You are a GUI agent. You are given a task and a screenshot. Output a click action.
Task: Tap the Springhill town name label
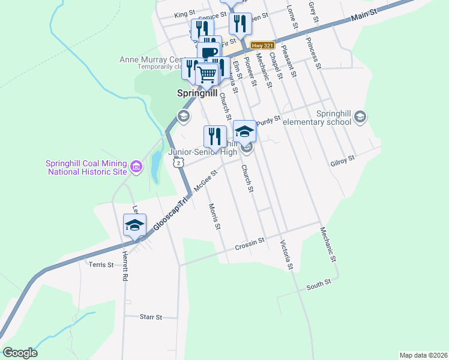click(x=196, y=94)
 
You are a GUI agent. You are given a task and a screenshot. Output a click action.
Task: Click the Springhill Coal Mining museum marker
click(x=136, y=166)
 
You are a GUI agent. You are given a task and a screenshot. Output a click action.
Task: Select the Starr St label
click(x=151, y=317)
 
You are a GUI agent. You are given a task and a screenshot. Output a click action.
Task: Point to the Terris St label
click(x=101, y=264)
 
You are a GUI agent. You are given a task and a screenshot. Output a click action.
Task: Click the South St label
click(x=318, y=283)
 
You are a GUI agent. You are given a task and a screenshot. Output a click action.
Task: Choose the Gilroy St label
click(x=343, y=160)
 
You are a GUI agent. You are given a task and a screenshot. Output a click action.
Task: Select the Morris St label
click(x=215, y=217)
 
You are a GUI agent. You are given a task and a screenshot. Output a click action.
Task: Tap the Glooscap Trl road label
click(x=170, y=213)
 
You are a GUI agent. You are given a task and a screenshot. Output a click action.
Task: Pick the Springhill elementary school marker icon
click(x=360, y=116)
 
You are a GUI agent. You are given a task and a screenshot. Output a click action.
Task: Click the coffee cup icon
click(x=210, y=53)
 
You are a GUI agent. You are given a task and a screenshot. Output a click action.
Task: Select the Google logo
click(x=20, y=353)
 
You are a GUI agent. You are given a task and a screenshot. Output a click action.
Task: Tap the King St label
click(x=185, y=13)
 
